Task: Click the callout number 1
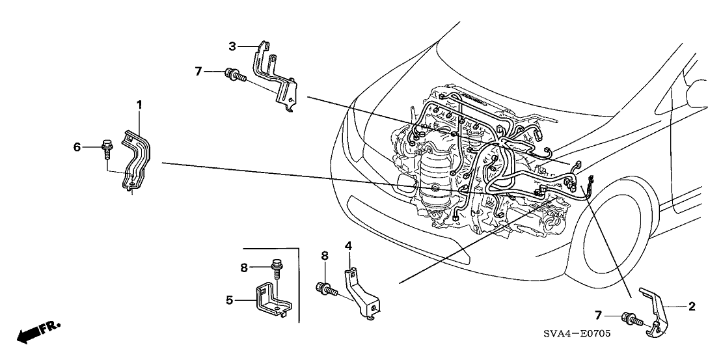point(138,104)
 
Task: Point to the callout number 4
point(348,245)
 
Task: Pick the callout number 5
point(229,300)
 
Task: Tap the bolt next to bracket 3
point(234,76)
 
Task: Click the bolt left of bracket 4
point(326,288)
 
